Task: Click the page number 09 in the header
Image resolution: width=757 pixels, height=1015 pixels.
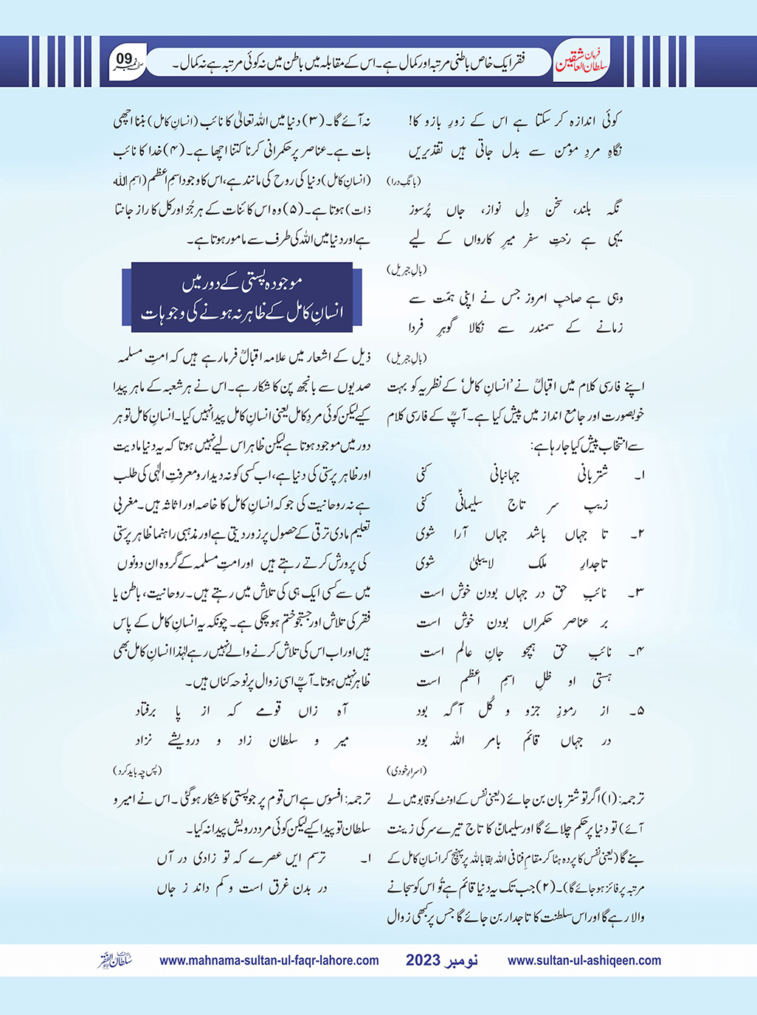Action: [124, 58]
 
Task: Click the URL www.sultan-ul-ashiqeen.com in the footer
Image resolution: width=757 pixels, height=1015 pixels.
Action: [584, 960]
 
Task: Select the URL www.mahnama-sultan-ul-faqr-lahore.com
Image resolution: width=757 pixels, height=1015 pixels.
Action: [269, 960]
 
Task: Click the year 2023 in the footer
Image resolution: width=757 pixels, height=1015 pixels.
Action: [423, 960]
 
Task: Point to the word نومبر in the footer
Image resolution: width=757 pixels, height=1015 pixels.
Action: [462, 960]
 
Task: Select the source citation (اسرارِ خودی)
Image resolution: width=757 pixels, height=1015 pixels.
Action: [407, 771]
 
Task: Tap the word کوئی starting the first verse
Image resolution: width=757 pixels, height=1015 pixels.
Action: [609, 120]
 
